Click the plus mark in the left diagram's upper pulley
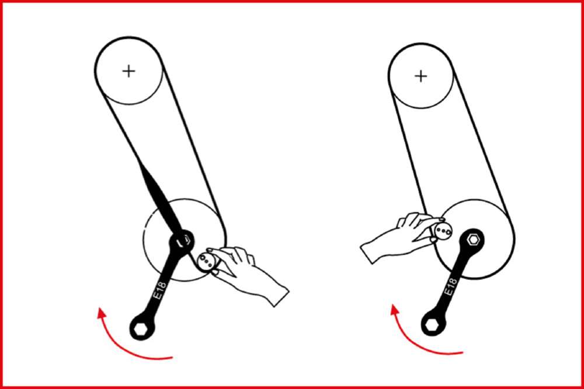click(x=128, y=71)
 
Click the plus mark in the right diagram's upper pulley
click(x=420, y=76)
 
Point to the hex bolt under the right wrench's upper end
click(x=474, y=240)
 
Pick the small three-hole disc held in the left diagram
click(x=206, y=260)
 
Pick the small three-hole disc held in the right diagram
click(x=442, y=230)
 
